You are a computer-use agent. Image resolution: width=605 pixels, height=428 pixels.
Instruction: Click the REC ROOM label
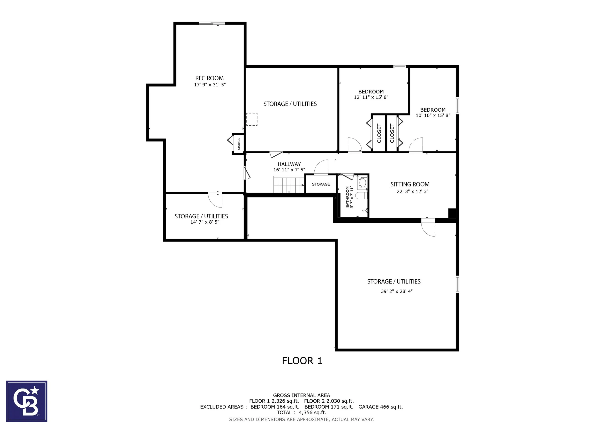click(210, 78)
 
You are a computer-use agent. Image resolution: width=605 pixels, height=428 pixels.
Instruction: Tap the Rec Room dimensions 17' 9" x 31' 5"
click(210, 84)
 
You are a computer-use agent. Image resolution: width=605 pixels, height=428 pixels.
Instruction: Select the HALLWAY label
click(289, 164)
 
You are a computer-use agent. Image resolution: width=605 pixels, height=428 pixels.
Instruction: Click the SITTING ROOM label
click(410, 184)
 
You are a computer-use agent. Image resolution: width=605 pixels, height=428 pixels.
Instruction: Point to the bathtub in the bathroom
click(363, 182)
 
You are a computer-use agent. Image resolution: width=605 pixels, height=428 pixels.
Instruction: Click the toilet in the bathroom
click(361, 196)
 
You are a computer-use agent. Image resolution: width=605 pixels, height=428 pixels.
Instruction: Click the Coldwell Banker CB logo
click(27, 401)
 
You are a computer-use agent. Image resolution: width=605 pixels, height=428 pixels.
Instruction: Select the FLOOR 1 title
click(302, 361)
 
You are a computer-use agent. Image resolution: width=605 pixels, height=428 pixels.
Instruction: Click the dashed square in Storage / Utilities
click(252, 119)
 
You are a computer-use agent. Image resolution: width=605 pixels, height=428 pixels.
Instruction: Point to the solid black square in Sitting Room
click(452, 213)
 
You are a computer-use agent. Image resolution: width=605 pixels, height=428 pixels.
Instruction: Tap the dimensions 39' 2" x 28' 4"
click(397, 291)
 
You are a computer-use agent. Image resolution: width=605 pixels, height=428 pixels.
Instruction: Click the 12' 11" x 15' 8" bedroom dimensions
click(371, 97)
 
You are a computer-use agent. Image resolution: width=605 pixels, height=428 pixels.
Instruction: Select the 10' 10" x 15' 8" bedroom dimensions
click(433, 115)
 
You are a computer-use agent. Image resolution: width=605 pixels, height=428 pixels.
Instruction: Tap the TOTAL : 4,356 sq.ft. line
click(302, 413)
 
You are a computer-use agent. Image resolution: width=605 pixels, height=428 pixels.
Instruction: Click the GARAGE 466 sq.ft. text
click(380, 407)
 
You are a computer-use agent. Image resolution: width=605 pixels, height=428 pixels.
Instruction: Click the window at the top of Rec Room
click(212, 23)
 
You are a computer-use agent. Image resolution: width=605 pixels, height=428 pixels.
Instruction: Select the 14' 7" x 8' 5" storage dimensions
click(205, 222)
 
